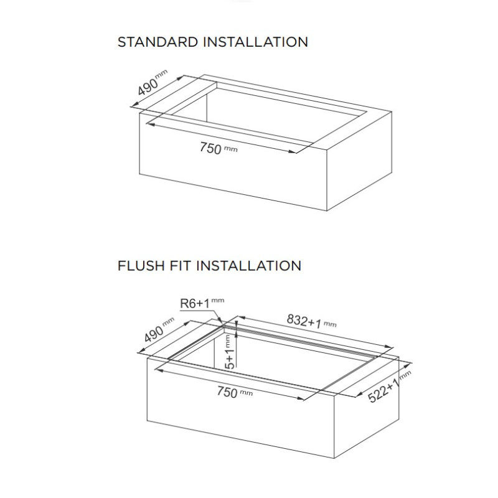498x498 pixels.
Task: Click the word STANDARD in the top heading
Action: tap(157, 42)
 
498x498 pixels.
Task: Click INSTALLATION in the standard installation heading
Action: tap(256, 42)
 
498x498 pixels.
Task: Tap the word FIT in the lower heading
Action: tap(180, 266)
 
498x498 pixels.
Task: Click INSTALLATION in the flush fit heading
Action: tap(248, 266)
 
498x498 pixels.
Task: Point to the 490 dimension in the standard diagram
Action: tap(148, 86)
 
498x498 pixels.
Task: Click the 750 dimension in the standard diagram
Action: tap(210, 148)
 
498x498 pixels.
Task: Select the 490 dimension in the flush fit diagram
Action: tap(154, 334)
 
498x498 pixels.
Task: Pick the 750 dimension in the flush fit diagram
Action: tap(227, 392)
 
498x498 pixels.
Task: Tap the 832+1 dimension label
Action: tap(304, 321)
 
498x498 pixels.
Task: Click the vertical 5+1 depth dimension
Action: tap(230, 357)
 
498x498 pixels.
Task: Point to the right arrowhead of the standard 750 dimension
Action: tap(292, 151)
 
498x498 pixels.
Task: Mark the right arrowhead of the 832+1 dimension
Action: tap(389, 347)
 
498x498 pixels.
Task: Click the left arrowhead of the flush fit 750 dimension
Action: tap(159, 370)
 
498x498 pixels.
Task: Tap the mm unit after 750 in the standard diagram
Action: tap(230, 149)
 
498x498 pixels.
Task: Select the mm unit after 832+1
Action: tap(330, 324)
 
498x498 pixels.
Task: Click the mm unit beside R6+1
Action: tap(217, 300)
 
